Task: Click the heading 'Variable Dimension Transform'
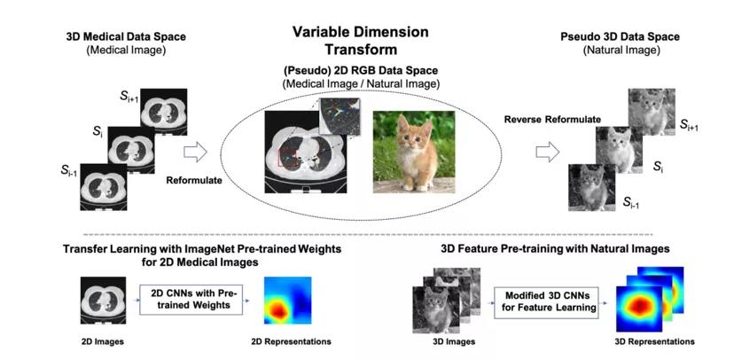click(x=361, y=41)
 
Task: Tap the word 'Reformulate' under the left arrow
click(x=194, y=180)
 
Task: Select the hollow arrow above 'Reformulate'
click(x=195, y=153)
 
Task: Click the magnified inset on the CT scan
click(x=340, y=116)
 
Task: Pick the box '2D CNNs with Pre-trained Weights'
click(x=191, y=299)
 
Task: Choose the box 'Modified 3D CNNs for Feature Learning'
click(x=547, y=302)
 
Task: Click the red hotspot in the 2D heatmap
click(x=277, y=309)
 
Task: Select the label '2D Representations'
click(x=291, y=341)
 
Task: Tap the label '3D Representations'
click(x=654, y=341)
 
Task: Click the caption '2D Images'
click(x=103, y=341)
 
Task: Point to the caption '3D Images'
click(x=454, y=341)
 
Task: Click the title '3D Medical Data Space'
click(x=126, y=36)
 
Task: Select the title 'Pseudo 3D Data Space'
click(x=621, y=36)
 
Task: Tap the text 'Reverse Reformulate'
click(x=552, y=120)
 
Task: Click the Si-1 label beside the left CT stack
click(x=69, y=171)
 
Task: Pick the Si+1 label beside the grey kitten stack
click(x=689, y=124)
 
